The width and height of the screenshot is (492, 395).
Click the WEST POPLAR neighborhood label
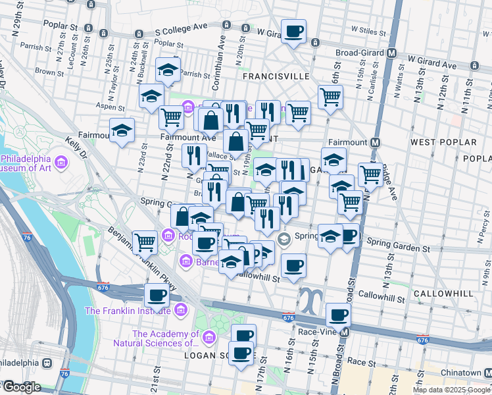point(443,142)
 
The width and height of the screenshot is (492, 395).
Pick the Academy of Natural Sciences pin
point(209,338)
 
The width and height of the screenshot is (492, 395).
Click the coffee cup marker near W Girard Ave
point(293,30)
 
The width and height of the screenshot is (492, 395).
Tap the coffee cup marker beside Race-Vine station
point(338,315)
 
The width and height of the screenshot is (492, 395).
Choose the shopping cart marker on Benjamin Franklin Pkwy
point(145,241)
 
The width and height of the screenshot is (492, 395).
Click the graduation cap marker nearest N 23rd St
point(122,130)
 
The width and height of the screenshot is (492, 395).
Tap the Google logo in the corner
point(22,387)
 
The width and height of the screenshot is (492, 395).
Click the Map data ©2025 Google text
point(451,390)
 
